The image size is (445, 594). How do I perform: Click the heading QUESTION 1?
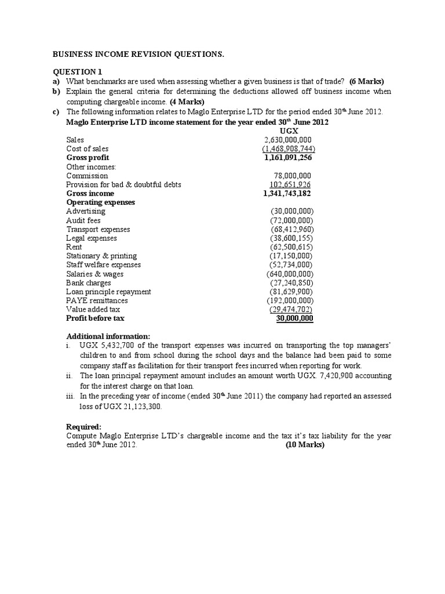tap(77, 71)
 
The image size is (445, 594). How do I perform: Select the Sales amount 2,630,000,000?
tap(287, 140)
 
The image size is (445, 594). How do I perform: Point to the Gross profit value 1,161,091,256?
tap(287, 158)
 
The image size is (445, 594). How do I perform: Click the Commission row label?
tap(87, 176)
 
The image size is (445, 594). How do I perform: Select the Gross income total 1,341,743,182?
tap(287, 194)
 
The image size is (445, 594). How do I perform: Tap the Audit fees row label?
tap(83, 220)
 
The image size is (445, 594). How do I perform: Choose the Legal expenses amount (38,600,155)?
tap(291, 238)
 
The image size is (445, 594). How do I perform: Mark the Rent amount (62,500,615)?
tap(291, 247)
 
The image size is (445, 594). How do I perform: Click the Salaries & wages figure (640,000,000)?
tap(290, 274)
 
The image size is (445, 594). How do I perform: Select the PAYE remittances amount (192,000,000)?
tap(290, 300)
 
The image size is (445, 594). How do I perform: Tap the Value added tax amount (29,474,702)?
tap(291, 310)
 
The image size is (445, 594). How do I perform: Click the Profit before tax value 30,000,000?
tap(294, 318)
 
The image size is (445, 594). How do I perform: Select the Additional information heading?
tap(108, 336)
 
